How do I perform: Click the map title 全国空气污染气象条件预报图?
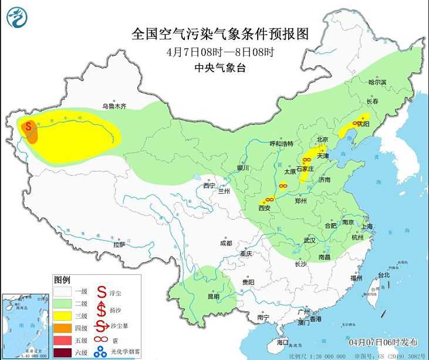(219, 32)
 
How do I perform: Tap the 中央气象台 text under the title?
(219, 68)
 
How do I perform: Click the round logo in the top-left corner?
(18, 17)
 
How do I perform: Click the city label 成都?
(226, 243)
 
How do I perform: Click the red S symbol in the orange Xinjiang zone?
(28, 127)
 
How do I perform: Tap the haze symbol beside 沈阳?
(356, 123)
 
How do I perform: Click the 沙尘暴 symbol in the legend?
(101, 326)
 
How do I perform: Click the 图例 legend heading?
(62, 279)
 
